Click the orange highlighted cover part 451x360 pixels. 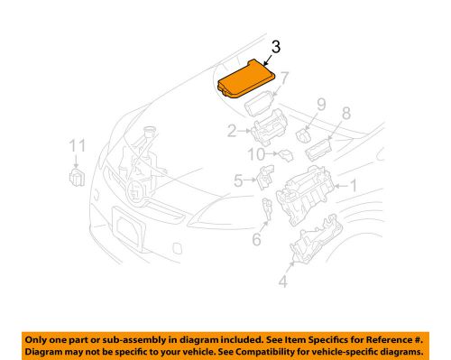(246, 78)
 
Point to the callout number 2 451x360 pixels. (230, 132)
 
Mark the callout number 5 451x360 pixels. (239, 180)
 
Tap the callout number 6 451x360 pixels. (255, 238)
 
